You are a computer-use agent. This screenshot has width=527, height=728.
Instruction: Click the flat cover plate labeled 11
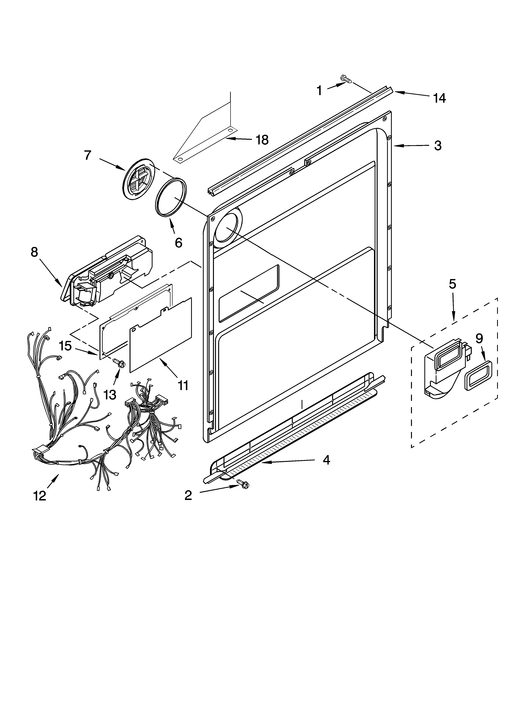[160, 335]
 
